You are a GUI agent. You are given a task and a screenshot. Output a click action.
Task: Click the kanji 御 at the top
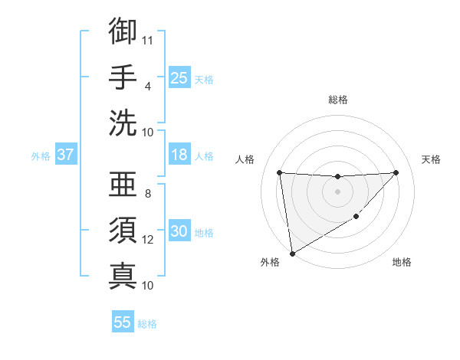tap(123, 31)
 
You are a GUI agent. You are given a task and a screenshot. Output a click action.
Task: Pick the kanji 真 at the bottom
tap(123, 275)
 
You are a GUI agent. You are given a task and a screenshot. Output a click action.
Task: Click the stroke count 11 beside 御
tap(149, 40)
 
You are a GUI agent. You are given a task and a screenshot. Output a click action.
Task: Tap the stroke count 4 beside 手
tap(148, 86)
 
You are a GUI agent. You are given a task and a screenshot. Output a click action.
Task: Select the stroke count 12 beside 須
tap(149, 240)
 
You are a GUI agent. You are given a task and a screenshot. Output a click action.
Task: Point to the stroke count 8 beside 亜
tap(148, 193)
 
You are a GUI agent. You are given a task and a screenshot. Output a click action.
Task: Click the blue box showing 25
tap(179, 77)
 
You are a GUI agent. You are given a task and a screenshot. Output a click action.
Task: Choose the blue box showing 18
tap(179, 155)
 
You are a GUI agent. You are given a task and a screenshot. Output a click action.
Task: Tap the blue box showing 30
tap(179, 231)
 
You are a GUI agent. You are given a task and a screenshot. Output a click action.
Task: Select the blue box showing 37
tap(66, 155)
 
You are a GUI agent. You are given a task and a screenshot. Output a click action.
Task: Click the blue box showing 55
tap(123, 322)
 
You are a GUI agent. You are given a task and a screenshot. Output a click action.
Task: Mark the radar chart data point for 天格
tap(396, 172)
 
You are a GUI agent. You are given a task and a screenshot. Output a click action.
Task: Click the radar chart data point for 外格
tap(292, 253)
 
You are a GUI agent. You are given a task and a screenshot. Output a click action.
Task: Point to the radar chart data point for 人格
tap(279, 172)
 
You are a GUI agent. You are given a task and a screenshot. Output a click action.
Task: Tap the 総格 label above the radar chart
tap(338, 100)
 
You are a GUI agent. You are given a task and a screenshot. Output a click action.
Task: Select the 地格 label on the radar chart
tap(402, 262)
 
